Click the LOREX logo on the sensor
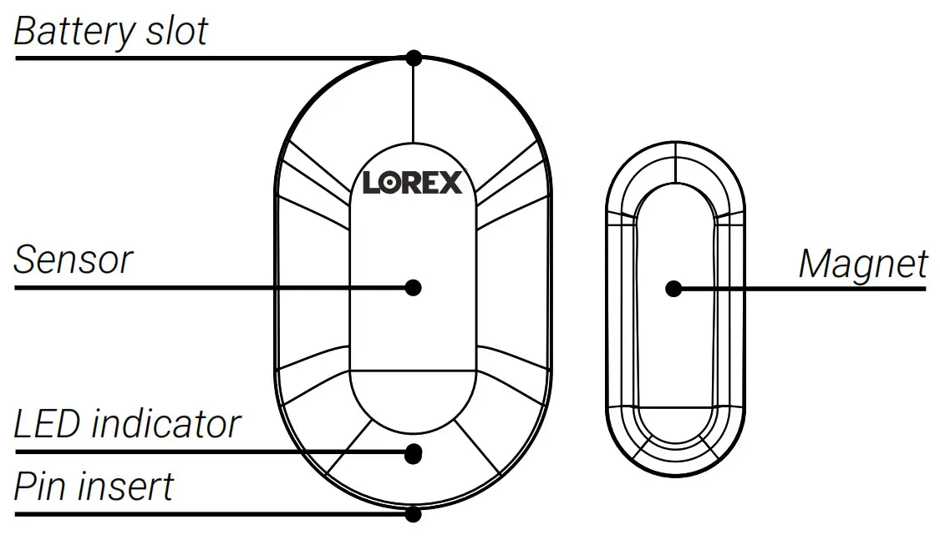tap(412, 182)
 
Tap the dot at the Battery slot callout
tap(413, 58)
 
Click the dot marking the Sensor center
tap(413, 287)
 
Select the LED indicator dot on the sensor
tap(413, 453)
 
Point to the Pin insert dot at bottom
tap(413, 513)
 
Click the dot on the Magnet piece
tap(673, 289)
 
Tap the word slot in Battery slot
tap(175, 31)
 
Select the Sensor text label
tap(74, 260)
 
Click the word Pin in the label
tap(42, 486)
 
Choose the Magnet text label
tap(862, 265)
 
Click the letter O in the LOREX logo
tap(390, 182)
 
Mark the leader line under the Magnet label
tap(802, 289)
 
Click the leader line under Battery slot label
tap(209, 58)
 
